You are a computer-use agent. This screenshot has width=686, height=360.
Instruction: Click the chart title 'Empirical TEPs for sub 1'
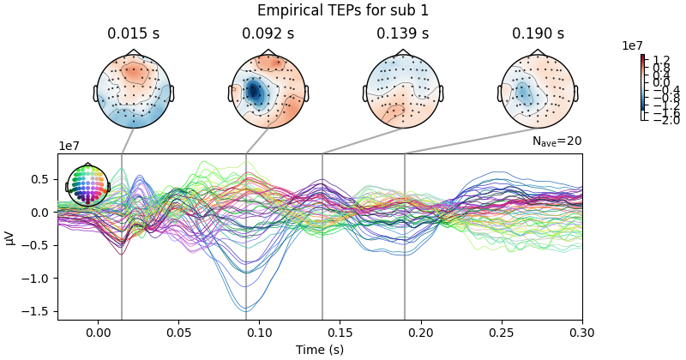point(342,11)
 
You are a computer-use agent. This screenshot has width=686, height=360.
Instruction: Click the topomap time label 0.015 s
point(133,34)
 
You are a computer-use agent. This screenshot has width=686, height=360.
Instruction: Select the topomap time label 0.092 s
point(268,34)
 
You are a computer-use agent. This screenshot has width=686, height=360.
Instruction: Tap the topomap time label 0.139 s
point(402,34)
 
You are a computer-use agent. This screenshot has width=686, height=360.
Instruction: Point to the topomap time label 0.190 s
point(538,34)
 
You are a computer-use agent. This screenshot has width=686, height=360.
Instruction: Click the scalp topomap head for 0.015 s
point(133,92)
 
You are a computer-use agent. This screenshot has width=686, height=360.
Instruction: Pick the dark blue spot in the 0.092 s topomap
point(254,91)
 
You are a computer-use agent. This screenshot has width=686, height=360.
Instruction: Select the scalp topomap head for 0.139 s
point(403,92)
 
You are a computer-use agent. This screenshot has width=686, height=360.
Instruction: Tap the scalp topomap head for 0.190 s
point(538,92)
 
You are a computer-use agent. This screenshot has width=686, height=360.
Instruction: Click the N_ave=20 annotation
point(557,141)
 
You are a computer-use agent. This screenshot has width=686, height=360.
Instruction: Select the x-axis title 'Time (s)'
point(319,350)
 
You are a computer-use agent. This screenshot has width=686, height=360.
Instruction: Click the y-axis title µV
point(10,237)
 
